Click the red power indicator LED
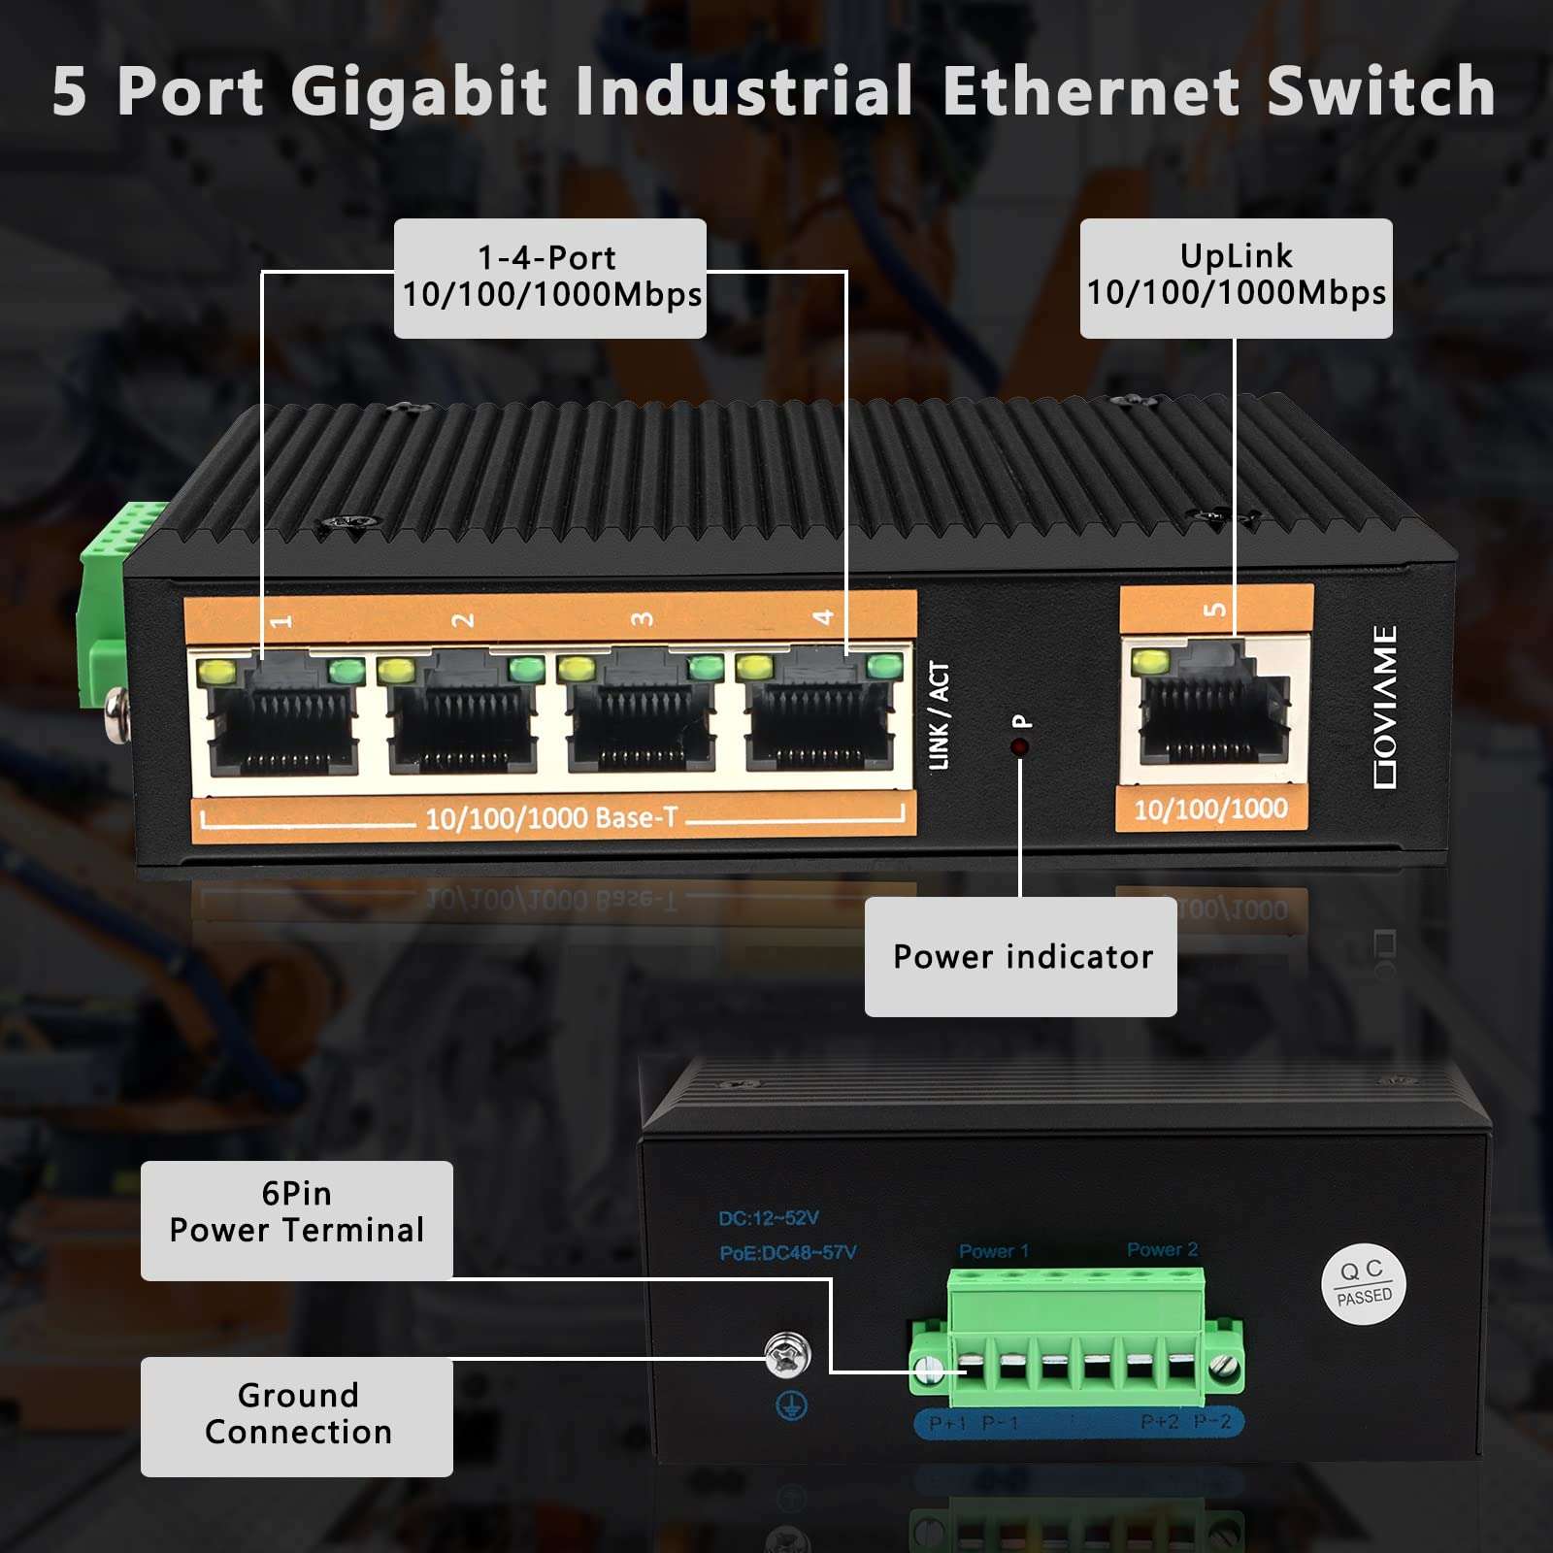pyautogui.click(x=1019, y=746)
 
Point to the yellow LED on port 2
pyautogui.click(x=396, y=670)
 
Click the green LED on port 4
pyautogui.click(x=883, y=666)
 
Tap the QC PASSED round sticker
pyautogui.click(x=1363, y=1283)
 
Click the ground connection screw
pyautogui.click(x=787, y=1355)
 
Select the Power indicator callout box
pyautogui.click(x=1020, y=957)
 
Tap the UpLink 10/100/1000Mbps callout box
pyautogui.click(x=1236, y=278)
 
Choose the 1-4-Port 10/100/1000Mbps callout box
pyautogui.click(x=550, y=278)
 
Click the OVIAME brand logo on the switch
pyautogui.click(x=1385, y=707)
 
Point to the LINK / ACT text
pyautogui.click(x=939, y=715)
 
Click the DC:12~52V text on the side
pyautogui.click(x=769, y=1218)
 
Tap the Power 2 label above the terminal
pyautogui.click(x=1162, y=1249)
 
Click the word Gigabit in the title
pyautogui.click(x=419, y=92)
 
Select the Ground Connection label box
pyautogui.click(x=297, y=1416)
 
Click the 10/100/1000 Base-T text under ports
pyautogui.click(x=551, y=818)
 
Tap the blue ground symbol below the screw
pyautogui.click(x=791, y=1405)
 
